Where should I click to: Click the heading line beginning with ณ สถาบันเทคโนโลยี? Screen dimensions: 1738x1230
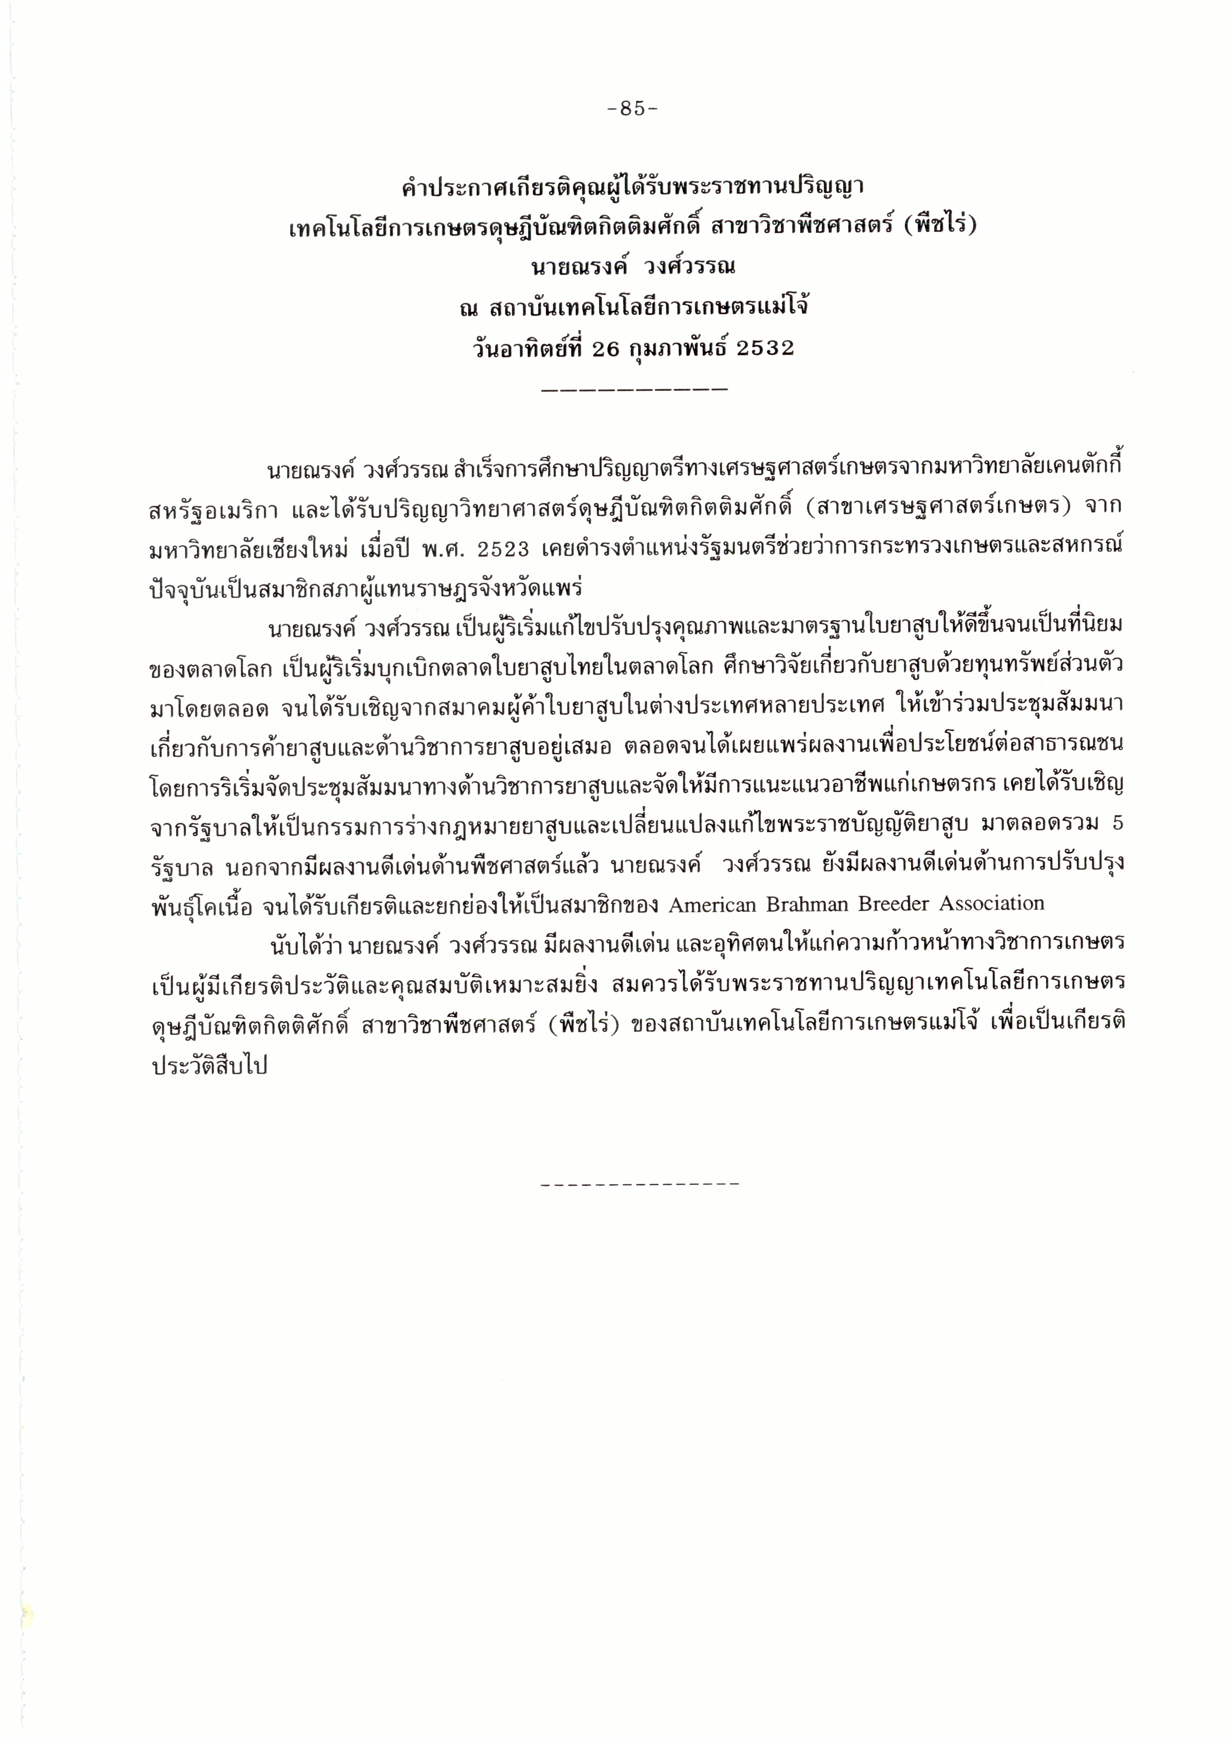(x=632, y=308)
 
